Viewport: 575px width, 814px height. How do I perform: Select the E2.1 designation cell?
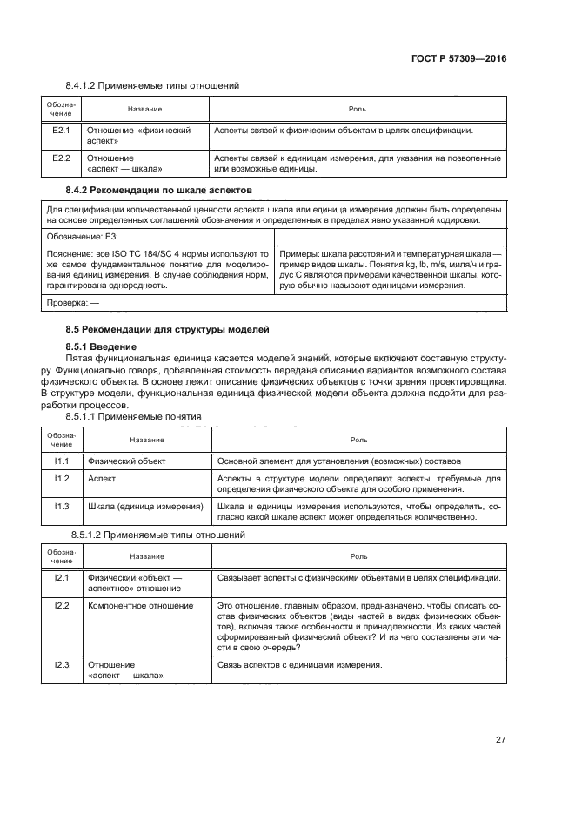(x=61, y=131)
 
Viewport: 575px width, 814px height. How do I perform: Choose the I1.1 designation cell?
(x=61, y=460)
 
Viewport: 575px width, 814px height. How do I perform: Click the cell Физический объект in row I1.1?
(x=127, y=460)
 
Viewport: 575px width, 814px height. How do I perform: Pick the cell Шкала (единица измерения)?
(x=144, y=507)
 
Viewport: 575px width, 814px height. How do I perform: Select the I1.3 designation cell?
(x=61, y=507)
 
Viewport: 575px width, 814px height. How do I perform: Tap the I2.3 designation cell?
(x=61, y=665)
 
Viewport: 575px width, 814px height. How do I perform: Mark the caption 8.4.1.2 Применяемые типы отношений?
(x=152, y=85)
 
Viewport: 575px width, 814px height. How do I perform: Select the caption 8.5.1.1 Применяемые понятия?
(x=139, y=416)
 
